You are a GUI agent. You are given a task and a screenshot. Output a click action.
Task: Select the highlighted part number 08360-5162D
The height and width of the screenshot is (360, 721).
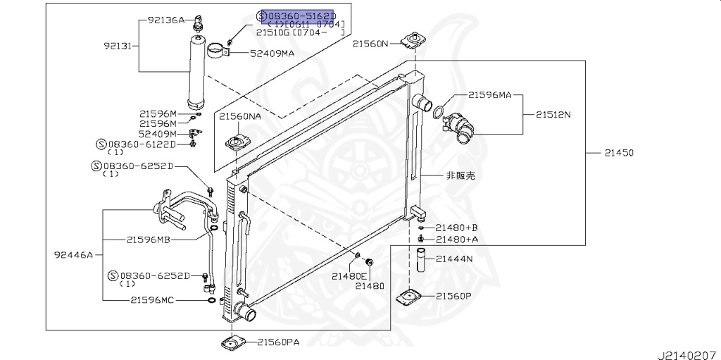[301, 15]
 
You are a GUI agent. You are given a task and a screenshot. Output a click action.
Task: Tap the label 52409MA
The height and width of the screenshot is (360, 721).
[270, 53]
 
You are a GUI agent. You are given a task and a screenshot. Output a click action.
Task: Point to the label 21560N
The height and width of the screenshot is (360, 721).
[370, 44]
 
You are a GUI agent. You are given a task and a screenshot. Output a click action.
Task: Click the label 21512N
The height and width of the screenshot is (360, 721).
[553, 113]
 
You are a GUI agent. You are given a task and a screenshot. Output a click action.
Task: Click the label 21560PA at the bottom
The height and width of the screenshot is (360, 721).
[277, 343]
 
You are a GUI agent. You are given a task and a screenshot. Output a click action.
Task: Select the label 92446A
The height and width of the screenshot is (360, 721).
[73, 254]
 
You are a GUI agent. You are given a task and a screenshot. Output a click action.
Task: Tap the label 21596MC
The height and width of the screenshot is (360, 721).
[153, 300]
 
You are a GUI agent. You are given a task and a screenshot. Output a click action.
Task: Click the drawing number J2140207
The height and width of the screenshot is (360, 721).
[687, 350]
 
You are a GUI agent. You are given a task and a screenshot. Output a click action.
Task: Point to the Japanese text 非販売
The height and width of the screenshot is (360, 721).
[460, 175]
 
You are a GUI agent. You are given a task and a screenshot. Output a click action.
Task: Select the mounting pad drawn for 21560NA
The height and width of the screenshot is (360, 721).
[237, 144]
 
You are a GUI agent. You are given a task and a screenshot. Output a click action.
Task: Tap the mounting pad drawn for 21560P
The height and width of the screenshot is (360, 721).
[410, 297]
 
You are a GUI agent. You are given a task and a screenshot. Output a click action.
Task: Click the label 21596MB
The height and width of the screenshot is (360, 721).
[149, 240]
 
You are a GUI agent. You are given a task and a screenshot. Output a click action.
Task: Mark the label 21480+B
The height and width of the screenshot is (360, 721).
[456, 228]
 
